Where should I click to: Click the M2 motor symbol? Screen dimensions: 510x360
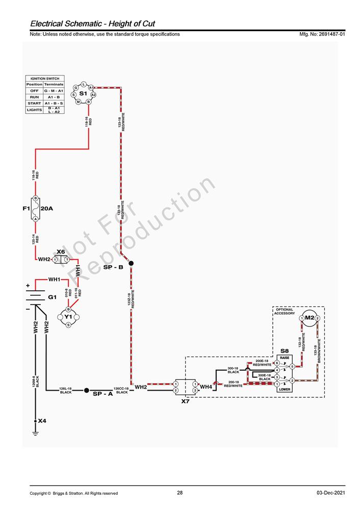point(310,318)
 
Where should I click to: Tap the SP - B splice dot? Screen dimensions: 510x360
point(131,263)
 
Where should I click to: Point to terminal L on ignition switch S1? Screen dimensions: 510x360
point(84,84)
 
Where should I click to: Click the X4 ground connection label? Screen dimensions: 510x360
point(42,421)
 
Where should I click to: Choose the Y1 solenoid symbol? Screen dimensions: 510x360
point(68,317)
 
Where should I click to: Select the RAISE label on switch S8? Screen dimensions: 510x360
point(285,358)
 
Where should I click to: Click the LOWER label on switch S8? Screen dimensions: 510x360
point(285,389)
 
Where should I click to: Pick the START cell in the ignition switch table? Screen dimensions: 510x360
point(34,103)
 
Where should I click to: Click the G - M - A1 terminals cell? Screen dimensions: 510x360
point(54,90)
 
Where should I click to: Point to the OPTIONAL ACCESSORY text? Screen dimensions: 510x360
point(285,311)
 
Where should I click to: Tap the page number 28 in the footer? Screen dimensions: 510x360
point(180,493)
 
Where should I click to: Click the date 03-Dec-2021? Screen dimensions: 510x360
point(330,493)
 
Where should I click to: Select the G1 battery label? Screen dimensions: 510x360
point(52,297)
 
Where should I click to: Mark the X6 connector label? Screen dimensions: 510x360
point(61,251)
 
